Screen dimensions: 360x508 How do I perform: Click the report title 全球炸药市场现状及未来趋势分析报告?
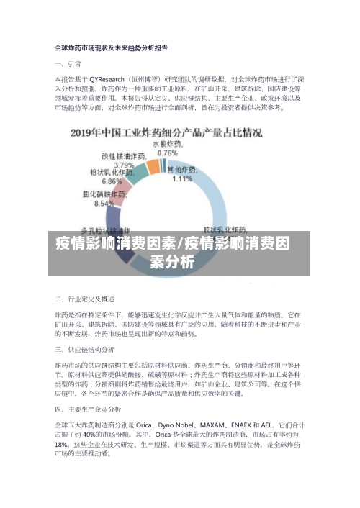click(112, 48)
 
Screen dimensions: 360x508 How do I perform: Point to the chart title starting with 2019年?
click(166, 133)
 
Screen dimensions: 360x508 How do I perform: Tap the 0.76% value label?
click(167, 153)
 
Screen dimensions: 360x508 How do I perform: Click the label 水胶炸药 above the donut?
click(166, 145)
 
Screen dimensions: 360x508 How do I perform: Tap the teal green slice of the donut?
click(153, 166)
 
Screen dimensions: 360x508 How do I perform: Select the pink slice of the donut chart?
click(125, 189)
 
